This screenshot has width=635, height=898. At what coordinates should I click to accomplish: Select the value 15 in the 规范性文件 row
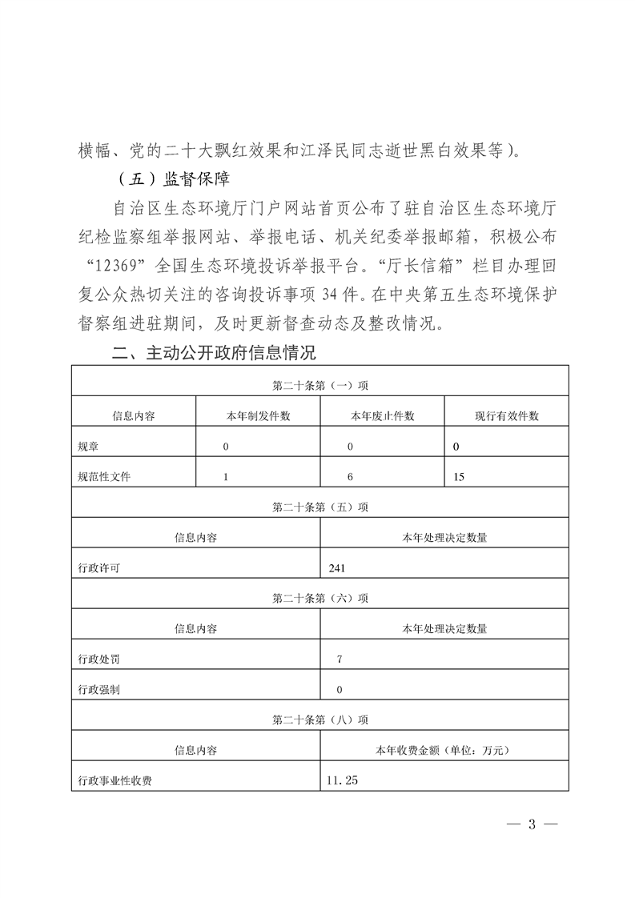pyautogui.click(x=459, y=477)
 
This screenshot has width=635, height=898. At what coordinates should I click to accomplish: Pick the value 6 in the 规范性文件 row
pyautogui.click(x=350, y=477)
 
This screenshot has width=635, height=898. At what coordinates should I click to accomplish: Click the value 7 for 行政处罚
pyautogui.click(x=340, y=659)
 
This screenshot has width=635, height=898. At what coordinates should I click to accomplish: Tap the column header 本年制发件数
pyautogui.click(x=258, y=416)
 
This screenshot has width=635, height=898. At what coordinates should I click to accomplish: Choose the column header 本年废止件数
pyautogui.click(x=382, y=416)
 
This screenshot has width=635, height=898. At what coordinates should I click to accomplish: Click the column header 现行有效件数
pyautogui.click(x=506, y=416)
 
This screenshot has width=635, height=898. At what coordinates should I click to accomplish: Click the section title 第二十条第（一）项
pyautogui.click(x=320, y=385)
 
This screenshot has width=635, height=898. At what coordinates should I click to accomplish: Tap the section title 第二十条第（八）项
pyautogui.click(x=320, y=720)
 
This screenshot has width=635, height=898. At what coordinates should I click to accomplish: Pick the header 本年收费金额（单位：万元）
pyautogui.click(x=444, y=751)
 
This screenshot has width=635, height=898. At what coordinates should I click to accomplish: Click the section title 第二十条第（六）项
pyautogui.click(x=320, y=598)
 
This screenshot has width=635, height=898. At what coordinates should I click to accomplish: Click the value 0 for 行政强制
pyautogui.click(x=340, y=689)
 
